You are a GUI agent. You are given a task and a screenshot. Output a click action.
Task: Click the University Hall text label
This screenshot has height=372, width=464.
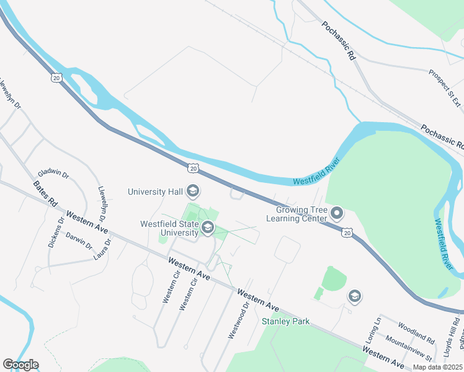[x=155, y=192]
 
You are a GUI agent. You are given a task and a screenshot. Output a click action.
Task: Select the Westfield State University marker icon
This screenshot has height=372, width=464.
[x=207, y=229]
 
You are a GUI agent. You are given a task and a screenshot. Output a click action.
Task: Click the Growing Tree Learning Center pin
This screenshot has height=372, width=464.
[x=337, y=214]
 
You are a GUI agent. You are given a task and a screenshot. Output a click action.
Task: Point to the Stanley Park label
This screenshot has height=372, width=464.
[x=285, y=321]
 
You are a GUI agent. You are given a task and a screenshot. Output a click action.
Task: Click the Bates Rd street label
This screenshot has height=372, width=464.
[x=44, y=194]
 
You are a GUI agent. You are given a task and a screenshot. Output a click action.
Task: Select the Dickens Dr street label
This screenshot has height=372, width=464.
[x=55, y=232]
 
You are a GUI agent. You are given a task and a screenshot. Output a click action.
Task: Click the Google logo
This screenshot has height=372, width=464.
[x=20, y=365]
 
